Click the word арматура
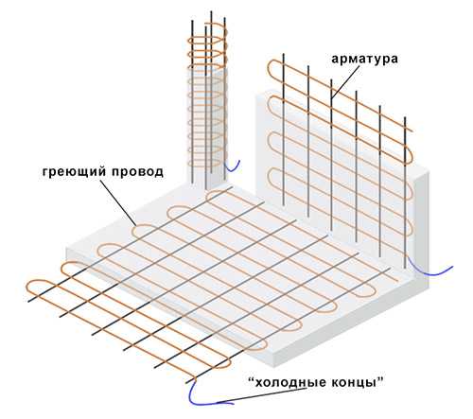364,60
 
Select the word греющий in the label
74,172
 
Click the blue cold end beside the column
233,167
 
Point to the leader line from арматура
345,83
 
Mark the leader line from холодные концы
263,396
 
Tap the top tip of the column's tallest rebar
211,12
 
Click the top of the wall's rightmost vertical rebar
405,118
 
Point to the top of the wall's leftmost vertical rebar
284,54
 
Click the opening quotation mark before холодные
251,379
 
